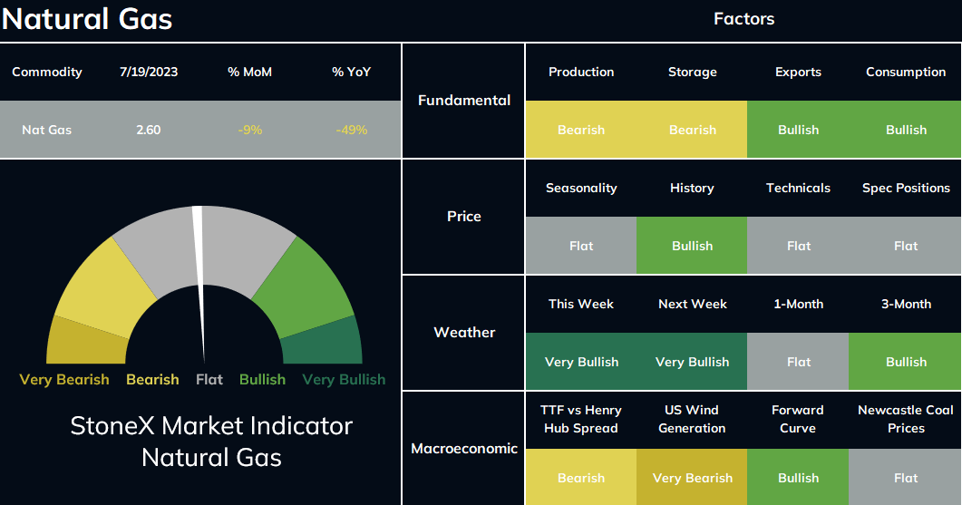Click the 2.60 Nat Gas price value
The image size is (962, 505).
click(x=149, y=130)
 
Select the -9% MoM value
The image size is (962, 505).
click(x=249, y=130)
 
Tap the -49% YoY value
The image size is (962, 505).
click(x=352, y=130)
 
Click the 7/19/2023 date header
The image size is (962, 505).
click(x=149, y=72)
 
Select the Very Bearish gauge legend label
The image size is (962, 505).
click(x=64, y=379)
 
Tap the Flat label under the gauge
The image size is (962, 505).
click(x=209, y=379)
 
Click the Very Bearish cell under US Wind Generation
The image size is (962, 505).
click(x=692, y=478)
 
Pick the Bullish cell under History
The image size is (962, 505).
click(x=692, y=246)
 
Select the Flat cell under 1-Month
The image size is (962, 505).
click(x=798, y=362)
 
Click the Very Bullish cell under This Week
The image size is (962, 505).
click(x=581, y=362)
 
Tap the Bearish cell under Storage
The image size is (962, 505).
click(x=692, y=130)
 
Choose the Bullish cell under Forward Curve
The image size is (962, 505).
click(x=798, y=478)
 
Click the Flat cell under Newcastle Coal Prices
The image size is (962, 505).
click(x=905, y=478)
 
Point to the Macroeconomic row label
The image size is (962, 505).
click(x=464, y=449)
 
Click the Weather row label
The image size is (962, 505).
click(x=464, y=333)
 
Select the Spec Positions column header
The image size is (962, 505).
click(x=906, y=188)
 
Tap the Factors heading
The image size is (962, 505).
click(x=743, y=19)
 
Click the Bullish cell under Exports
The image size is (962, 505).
click(x=798, y=130)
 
